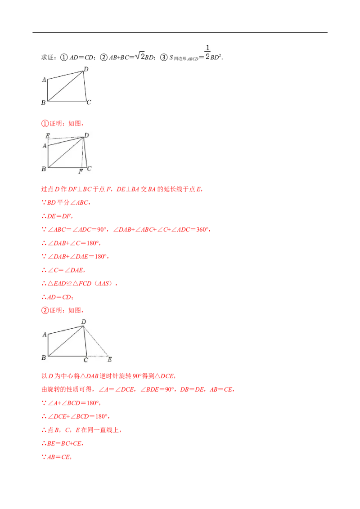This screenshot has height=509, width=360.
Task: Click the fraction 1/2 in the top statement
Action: [x=207, y=52]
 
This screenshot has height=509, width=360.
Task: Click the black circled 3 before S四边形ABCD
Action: [x=164, y=58]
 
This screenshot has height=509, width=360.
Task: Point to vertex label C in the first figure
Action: [x=89, y=102]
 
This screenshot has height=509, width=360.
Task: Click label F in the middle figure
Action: [x=81, y=171]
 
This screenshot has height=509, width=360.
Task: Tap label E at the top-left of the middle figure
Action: [x=48, y=136]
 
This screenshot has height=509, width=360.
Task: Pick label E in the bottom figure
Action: [x=110, y=359]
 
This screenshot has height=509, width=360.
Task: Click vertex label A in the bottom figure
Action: [x=45, y=335]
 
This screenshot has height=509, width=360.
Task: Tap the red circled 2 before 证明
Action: [x=45, y=310]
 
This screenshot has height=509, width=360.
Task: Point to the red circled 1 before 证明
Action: [x=45, y=123]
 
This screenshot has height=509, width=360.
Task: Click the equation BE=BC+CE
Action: [x=64, y=443]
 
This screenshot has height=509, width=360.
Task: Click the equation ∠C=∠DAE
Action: [x=66, y=270]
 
